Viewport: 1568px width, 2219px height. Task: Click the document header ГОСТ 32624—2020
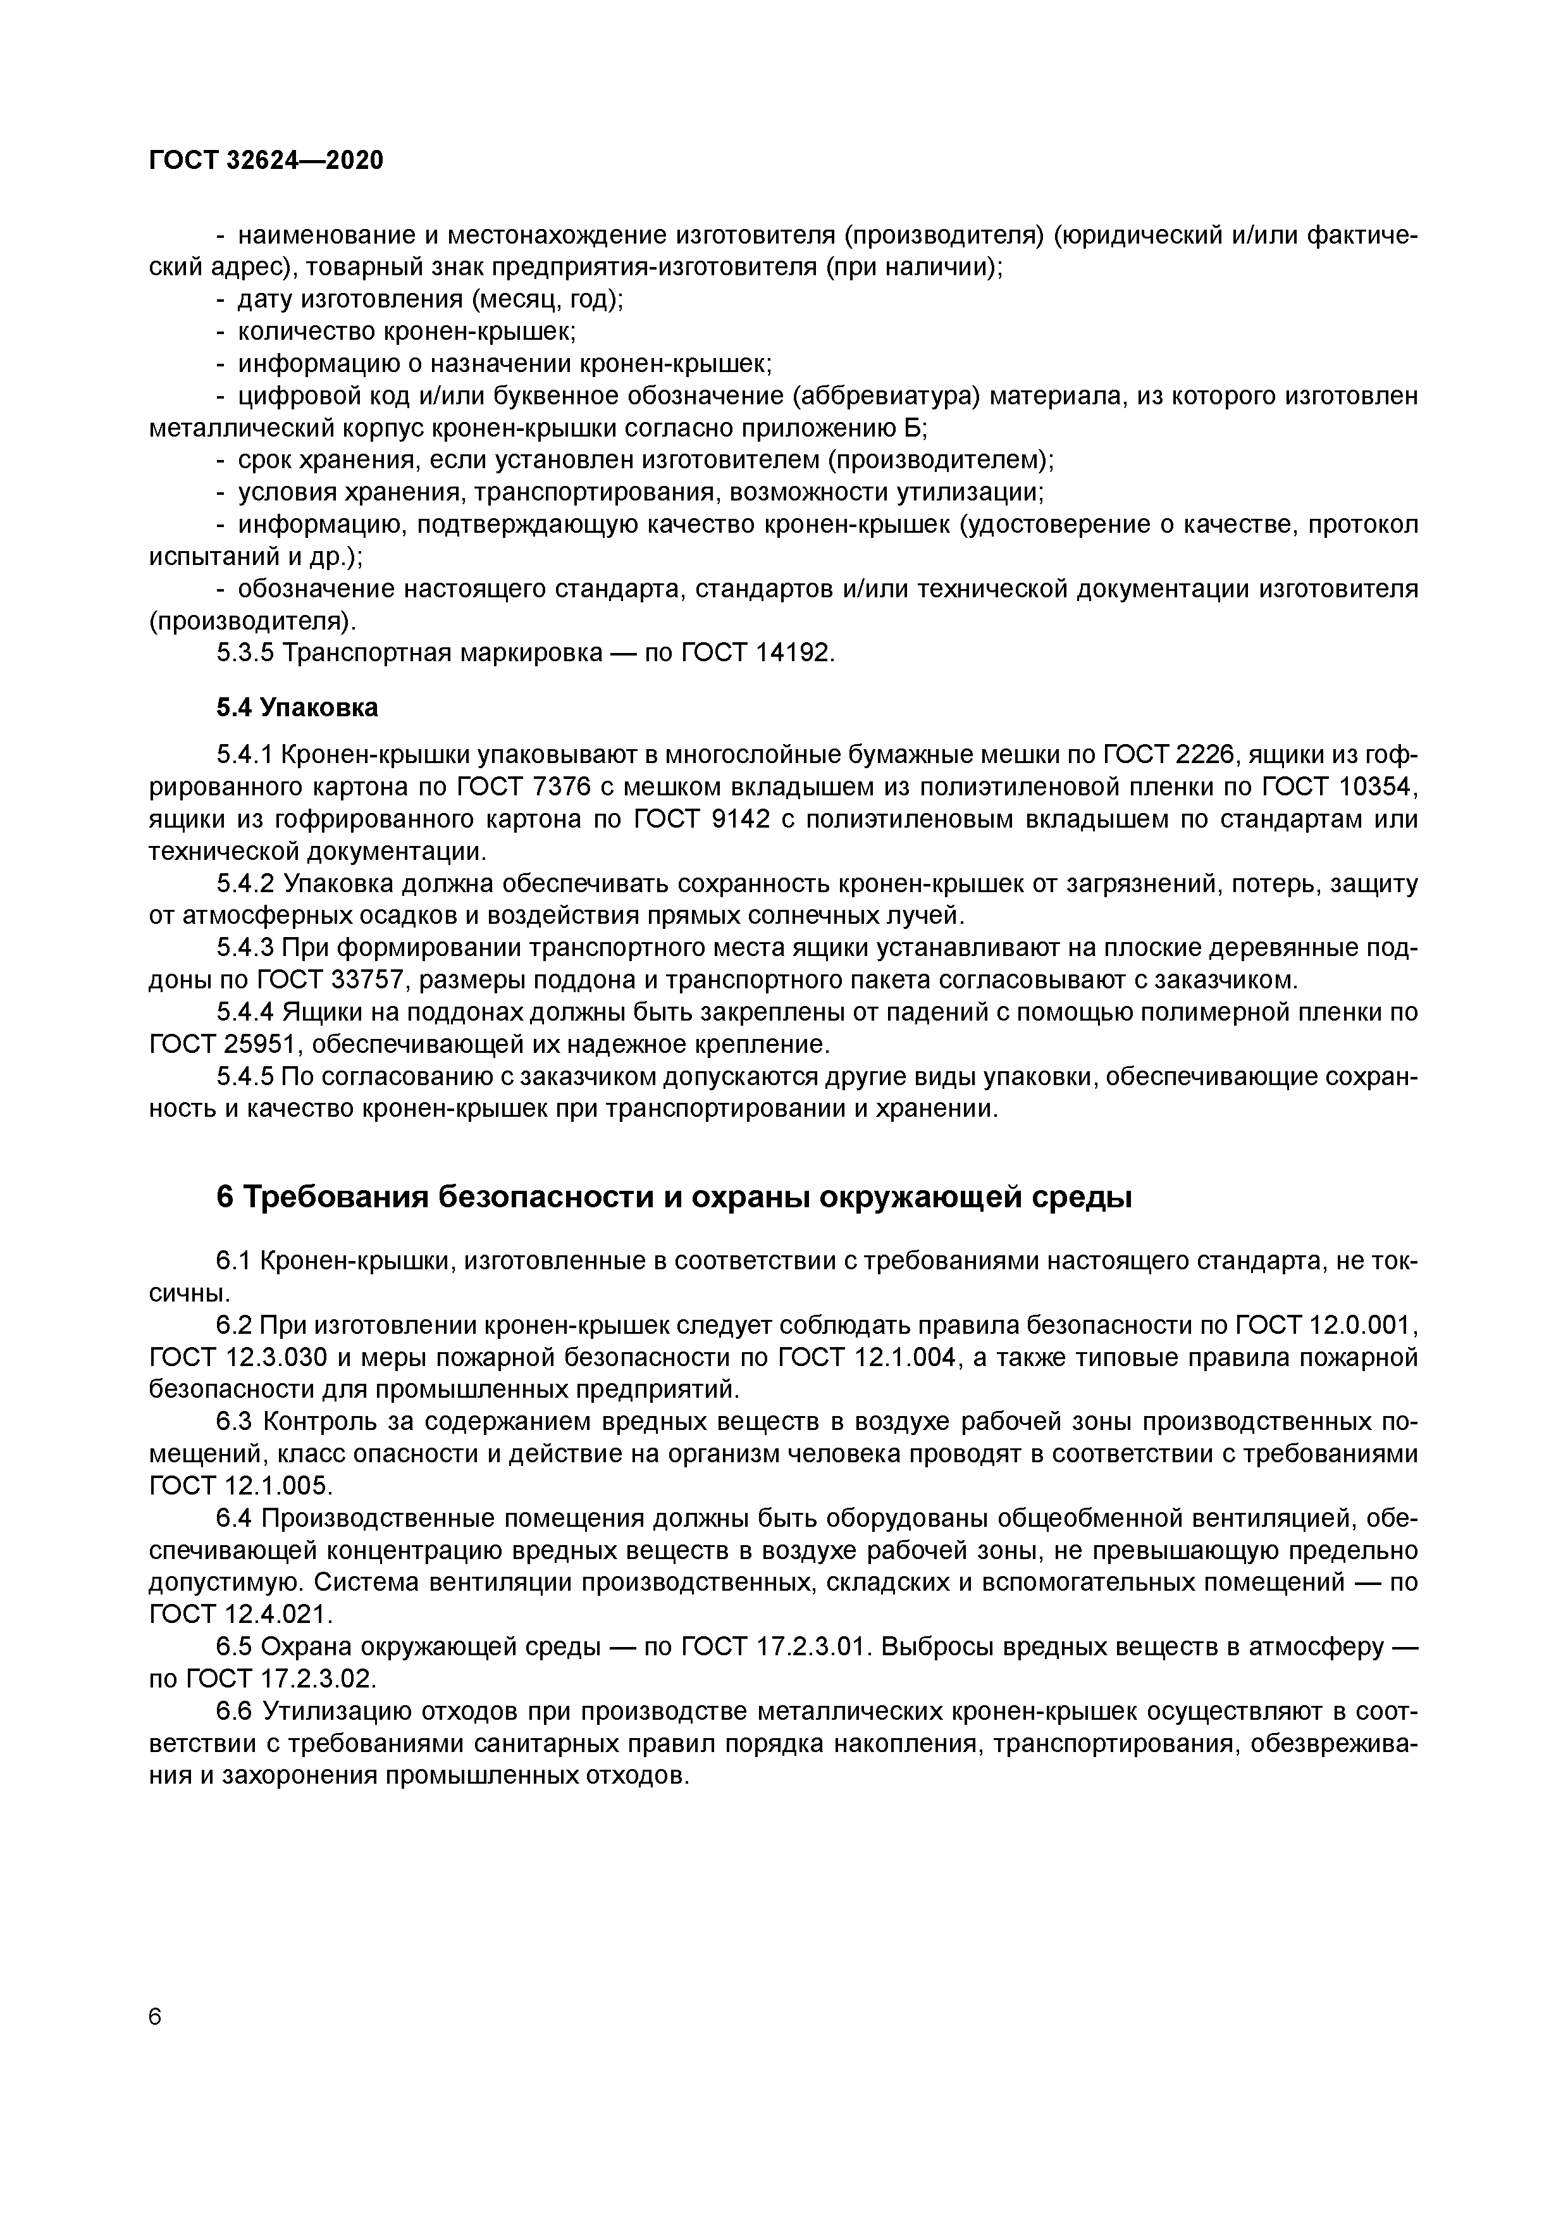click(x=266, y=161)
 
